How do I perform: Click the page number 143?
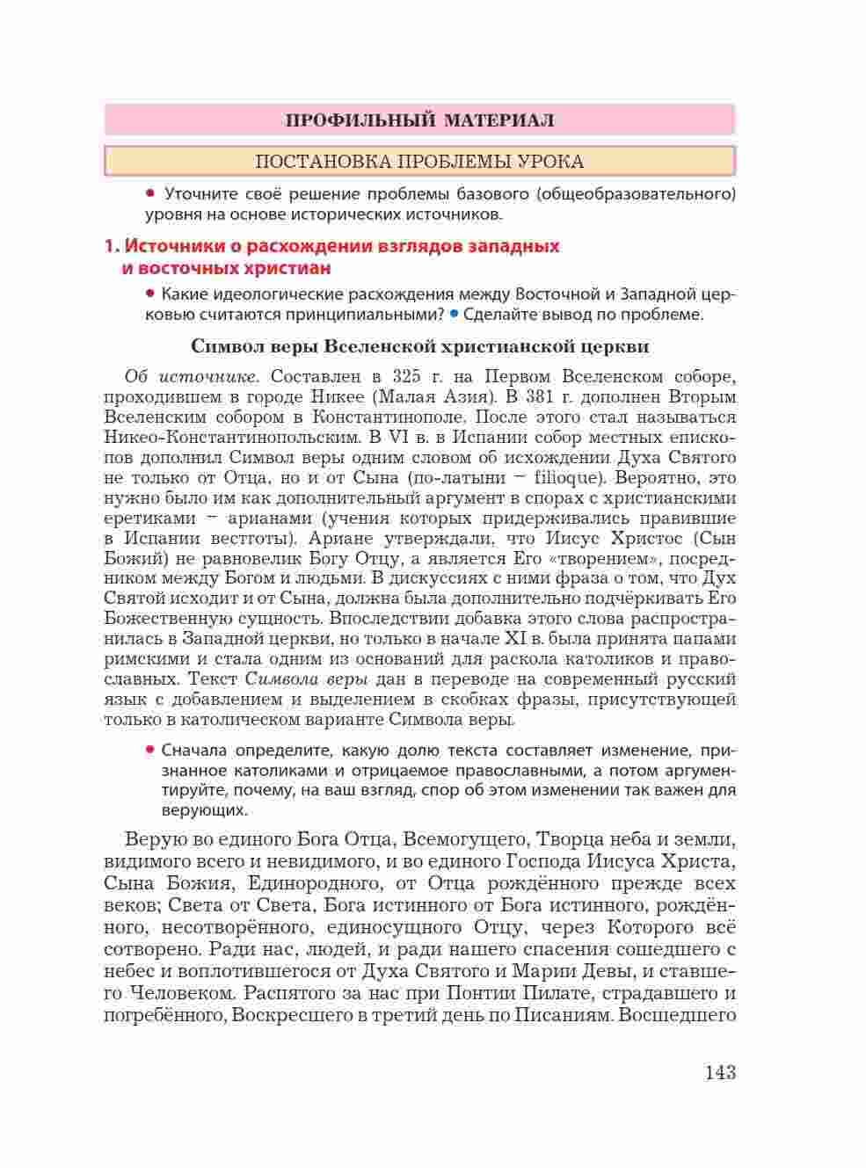coord(719,1072)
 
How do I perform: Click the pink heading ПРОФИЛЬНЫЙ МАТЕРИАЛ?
coord(419,120)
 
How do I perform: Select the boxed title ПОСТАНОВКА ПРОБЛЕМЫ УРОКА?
coord(419,162)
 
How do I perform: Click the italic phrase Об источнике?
coord(192,377)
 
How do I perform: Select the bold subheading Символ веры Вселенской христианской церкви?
coord(419,346)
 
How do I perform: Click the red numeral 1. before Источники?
coord(111,246)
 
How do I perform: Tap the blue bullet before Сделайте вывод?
coord(454,314)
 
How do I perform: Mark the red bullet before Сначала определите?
coord(150,750)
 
